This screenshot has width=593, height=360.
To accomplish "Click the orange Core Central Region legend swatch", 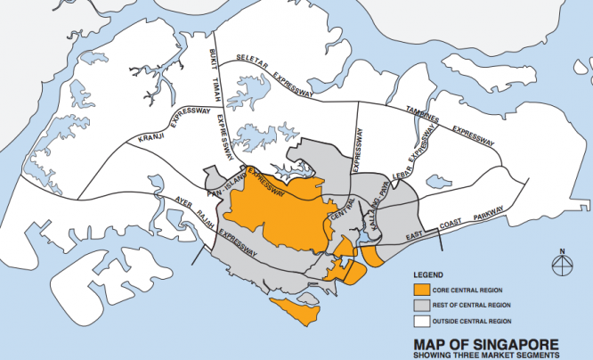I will click(x=419, y=288).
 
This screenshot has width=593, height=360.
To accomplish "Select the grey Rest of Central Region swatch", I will click(x=419, y=304).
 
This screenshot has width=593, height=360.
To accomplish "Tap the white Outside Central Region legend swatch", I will click(x=419, y=320).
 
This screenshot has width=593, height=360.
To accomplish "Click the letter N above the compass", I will click(x=563, y=250).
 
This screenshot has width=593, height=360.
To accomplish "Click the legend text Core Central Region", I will click(x=465, y=288).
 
